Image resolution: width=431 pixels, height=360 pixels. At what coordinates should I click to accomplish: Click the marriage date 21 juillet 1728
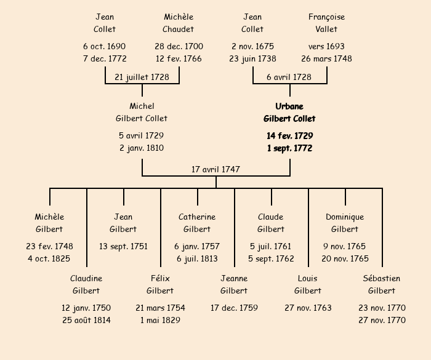(x=142, y=77)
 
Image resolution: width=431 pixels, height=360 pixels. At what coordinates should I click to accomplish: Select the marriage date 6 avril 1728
(x=289, y=77)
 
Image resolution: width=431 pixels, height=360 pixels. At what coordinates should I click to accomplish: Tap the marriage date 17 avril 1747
(x=216, y=169)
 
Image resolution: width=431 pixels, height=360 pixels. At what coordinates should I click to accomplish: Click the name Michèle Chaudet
(x=179, y=23)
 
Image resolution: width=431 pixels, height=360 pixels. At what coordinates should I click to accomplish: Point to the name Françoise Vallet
(x=326, y=23)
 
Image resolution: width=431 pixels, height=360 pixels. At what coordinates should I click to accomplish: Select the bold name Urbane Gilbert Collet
(x=289, y=112)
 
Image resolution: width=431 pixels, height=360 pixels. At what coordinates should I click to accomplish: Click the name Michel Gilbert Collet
(x=142, y=112)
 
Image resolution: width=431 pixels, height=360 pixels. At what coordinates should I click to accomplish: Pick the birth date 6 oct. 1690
(x=105, y=46)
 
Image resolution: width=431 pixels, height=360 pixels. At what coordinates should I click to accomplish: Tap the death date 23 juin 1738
(x=252, y=59)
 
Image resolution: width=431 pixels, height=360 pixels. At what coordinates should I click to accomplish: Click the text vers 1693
(x=326, y=46)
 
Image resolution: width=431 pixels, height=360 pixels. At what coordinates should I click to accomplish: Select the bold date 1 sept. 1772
(x=289, y=148)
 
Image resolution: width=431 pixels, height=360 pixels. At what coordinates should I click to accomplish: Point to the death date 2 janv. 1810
(x=142, y=148)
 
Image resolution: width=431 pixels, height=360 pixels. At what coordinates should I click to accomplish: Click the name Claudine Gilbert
(x=86, y=284)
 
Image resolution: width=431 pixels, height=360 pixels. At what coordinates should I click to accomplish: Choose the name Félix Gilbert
(x=160, y=284)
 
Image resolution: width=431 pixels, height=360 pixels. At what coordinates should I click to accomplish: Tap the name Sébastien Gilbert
(x=382, y=284)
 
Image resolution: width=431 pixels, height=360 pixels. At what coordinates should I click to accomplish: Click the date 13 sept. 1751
(x=123, y=246)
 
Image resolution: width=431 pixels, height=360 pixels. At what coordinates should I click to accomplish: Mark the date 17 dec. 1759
(x=234, y=308)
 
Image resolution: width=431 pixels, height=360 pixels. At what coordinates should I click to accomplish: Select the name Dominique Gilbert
(x=345, y=223)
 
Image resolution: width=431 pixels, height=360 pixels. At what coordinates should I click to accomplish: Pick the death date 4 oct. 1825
(x=49, y=259)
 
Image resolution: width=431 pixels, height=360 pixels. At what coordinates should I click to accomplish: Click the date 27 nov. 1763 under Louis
(x=308, y=308)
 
